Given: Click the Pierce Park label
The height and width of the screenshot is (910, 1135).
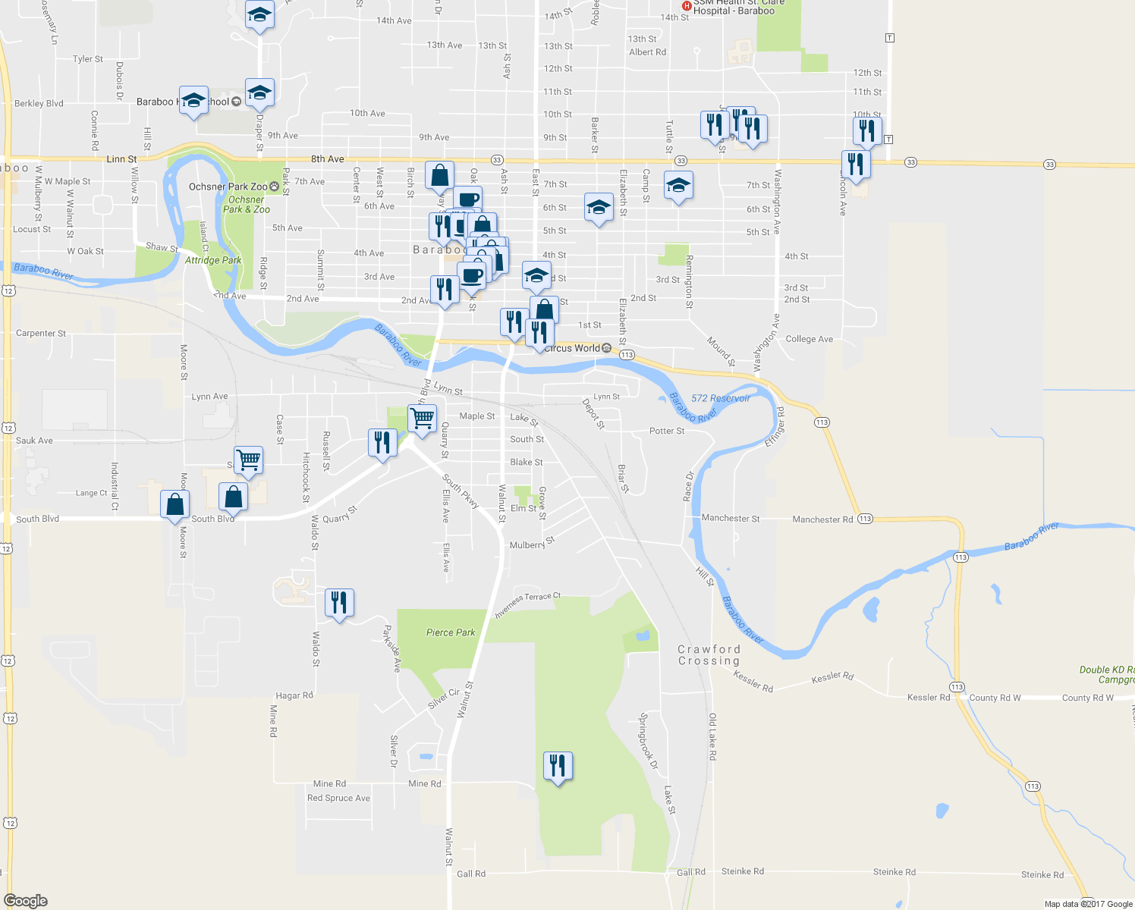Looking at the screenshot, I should pos(451,632).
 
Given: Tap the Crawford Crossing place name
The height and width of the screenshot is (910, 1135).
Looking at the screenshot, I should pos(709,655).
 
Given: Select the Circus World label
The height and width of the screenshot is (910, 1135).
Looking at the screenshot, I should pos(572,348).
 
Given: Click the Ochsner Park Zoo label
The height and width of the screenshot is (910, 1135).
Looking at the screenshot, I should pos(228,187).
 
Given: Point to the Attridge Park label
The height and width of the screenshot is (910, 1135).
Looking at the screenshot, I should pos(213,260).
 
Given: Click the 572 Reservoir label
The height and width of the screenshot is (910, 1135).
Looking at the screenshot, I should pos(720,398).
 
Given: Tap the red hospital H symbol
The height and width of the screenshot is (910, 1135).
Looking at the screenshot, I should pos(687,6).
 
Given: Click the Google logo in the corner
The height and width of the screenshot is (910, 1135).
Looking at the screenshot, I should pos(26,900).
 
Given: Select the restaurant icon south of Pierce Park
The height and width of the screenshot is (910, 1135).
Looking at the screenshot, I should pos(558,766).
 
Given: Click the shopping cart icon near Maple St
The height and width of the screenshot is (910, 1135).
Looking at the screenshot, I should pos(422,418).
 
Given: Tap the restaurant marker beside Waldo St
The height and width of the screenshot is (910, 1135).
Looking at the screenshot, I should pos(339,603).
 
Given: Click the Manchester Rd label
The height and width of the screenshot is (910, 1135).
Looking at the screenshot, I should pos(822,519).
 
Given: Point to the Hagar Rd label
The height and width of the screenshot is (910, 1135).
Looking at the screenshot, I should pos(294,695).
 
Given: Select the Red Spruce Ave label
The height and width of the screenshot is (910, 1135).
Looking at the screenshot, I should pos(338,798).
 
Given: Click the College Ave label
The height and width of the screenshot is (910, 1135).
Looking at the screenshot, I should pos(809,339).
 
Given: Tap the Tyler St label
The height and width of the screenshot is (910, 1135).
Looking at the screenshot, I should pos(88,59).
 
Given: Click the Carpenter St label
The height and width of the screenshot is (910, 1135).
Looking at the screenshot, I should pos(41,333).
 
